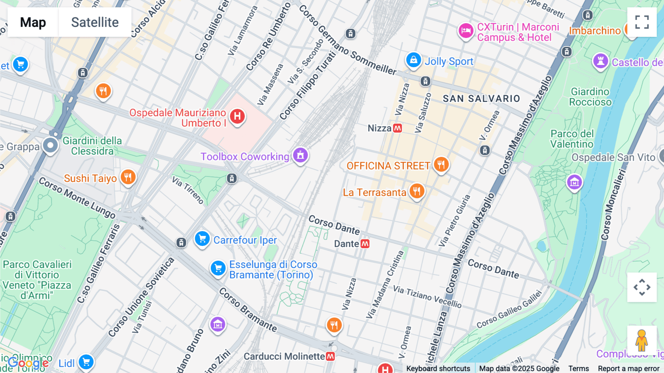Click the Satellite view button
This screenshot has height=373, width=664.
[95, 22]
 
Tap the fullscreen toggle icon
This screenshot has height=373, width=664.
[642, 22]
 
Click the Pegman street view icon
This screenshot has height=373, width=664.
[641, 340]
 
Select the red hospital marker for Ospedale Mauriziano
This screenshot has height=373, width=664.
[237, 116]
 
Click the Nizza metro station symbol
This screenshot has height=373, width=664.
[397, 128]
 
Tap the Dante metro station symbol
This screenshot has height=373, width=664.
[365, 244]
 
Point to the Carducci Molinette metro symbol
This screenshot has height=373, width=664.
[330, 356]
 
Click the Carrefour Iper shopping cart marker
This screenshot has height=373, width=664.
[202, 239]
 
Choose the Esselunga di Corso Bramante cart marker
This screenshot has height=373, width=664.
[218, 268]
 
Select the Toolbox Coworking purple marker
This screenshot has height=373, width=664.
[300, 155]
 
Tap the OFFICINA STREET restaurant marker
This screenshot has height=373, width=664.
[441, 164]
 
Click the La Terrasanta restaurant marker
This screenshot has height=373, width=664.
[417, 191]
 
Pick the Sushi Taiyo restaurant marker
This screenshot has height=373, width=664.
[128, 177]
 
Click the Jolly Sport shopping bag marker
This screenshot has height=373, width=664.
[414, 60]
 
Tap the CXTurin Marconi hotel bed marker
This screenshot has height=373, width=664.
[466, 31]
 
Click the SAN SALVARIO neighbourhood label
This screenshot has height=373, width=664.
[481, 99]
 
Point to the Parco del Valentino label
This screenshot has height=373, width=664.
[572, 139]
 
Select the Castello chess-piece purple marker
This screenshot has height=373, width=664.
[600, 61]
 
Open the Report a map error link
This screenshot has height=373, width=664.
[628, 369]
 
